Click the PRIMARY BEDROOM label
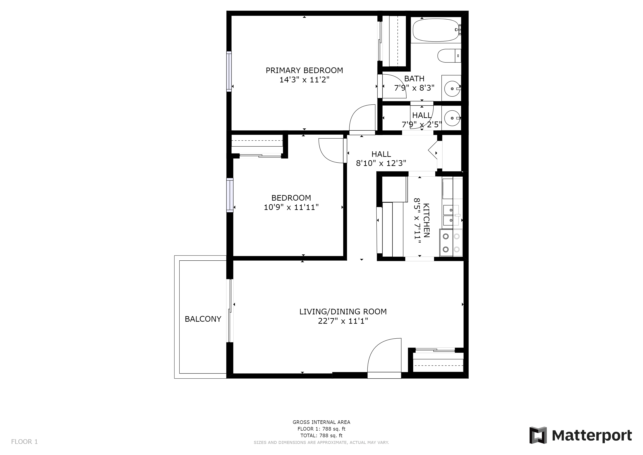[x=304, y=70]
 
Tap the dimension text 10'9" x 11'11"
[x=291, y=207]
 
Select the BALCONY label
[x=203, y=319]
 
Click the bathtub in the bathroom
[x=436, y=30]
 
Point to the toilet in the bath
[x=449, y=56]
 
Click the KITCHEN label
[x=426, y=220]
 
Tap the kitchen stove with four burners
[x=451, y=243]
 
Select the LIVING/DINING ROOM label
[x=343, y=311]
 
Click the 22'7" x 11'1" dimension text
[x=343, y=321]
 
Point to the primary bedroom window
[x=229, y=72]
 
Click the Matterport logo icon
[x=538, y=435]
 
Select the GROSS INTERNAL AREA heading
[x=321, y=422]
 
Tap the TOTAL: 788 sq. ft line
[x=321, y=436]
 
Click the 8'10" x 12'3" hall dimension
[x=381, y=163]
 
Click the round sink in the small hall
[x=451, y=118]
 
